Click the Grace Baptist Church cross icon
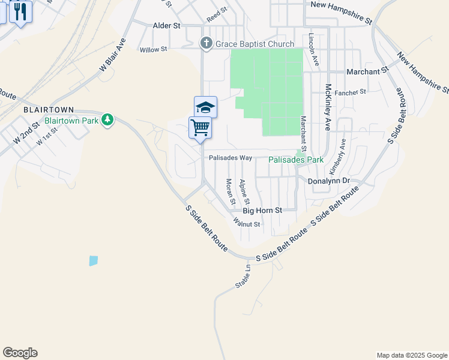(x=206, y=43)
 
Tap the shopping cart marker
(x=200, y=127)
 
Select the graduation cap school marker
(x=205, y=107)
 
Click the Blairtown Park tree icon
(x=107, y=120)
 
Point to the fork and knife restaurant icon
(x=21, y=11)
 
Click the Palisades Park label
(x=296, y=160)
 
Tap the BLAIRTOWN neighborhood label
(x=48, y=110)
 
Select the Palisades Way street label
(x=231, y=158)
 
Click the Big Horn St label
(x=262, y=211)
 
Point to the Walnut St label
(x=248, y=224)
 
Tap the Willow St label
(x=153, y=50)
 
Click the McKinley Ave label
(x=328, y=107)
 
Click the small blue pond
(x=93, y=260)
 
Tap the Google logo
(x=20, y=353)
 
